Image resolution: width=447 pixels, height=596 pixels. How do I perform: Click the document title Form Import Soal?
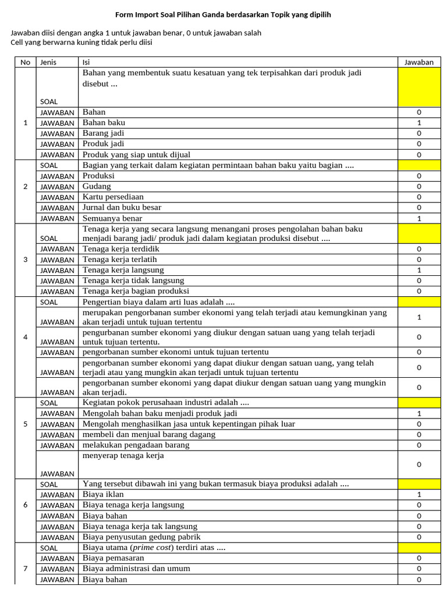[223, 14]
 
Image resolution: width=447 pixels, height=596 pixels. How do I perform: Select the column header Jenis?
[48, 62]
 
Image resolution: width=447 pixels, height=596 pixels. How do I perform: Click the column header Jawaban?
[419, 62]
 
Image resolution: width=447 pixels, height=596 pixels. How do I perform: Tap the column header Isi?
[86, 62]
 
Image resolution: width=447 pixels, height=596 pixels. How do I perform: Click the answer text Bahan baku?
[104, 123]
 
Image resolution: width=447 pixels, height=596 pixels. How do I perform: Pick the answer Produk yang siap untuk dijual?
[136, 155]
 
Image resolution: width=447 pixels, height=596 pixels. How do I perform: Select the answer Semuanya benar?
[112, 218]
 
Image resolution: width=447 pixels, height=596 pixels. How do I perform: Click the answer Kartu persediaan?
[113, 197]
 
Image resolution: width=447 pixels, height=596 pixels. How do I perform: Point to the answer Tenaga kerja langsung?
[123, 270]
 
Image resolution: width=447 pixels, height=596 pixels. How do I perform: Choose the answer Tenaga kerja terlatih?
[120, 260]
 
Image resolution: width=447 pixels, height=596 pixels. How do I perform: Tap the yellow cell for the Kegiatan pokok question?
[419, 402]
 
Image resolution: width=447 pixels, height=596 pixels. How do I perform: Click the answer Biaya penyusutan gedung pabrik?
[141, 537]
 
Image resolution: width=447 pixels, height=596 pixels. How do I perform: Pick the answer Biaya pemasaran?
[113, 558]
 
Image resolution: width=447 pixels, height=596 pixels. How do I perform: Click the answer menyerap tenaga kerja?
[123, 456]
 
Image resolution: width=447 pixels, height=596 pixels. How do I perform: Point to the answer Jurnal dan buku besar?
[122, 207]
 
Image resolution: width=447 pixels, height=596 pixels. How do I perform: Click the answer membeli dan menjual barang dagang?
[149, 434]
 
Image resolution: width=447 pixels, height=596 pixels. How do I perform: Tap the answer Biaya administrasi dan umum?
[136, 569]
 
